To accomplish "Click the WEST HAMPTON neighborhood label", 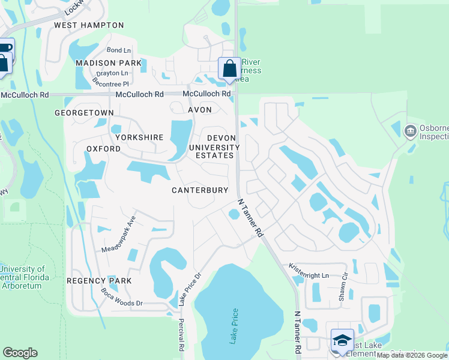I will point(89,25).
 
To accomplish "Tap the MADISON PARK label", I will point(109,63).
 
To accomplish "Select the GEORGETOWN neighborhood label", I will point(84,113).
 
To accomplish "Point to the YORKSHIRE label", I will point(139,137).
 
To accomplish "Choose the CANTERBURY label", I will point(200,190).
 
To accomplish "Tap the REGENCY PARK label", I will point(91,281).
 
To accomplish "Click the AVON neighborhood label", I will point(200,110).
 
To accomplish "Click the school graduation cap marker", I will point(342,340).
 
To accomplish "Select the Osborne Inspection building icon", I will point(411,130).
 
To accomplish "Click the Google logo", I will point(20,353).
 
